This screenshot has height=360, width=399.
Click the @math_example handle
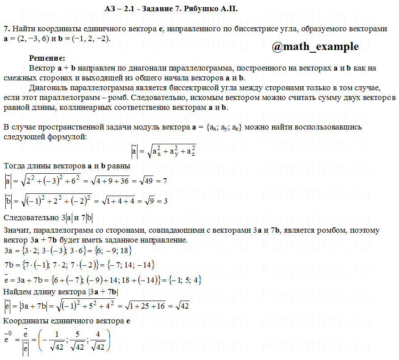point(315,46)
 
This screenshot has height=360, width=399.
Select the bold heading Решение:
point(47,58)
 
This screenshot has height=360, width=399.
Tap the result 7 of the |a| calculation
point(165,181)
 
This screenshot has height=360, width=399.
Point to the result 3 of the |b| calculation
point(165,201)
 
